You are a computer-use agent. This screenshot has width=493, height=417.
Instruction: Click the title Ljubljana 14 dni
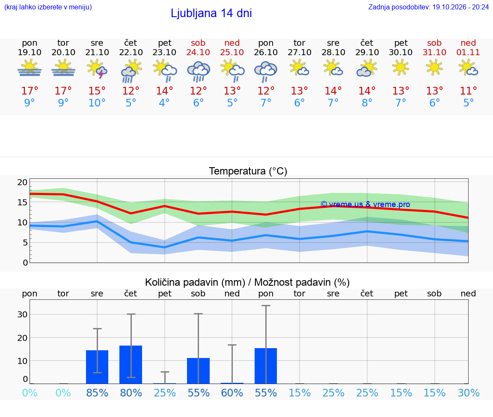(x=211, y=13)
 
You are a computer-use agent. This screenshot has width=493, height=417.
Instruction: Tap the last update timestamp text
(x=428, y=7)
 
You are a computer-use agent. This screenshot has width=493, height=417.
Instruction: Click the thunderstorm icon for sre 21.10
(x=97, y=69)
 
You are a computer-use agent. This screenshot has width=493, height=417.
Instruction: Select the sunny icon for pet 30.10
(x=401, y=68)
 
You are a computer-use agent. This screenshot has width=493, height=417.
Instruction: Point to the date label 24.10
(x=198, y=52)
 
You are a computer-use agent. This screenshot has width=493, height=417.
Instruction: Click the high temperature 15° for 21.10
(x=97, y=91)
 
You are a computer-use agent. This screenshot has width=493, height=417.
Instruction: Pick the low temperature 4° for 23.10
(x=164, y=103)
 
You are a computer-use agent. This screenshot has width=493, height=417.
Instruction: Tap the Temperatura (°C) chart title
(x=248, y=171)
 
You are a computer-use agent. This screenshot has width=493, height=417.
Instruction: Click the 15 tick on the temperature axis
(x=23, y=202)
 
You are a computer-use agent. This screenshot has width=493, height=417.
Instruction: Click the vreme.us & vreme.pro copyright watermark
(x=365, y=204)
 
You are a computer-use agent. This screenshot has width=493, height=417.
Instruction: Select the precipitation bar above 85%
(x=97, y=367)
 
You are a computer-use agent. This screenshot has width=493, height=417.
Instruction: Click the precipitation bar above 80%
(x=131, y=364)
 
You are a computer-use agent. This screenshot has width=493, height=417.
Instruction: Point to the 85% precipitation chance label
(x=97, y=393)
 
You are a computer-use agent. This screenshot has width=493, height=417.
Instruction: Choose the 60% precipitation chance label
(x=232, y=393)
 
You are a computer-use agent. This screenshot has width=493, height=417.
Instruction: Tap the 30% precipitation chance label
(x=469, y=393)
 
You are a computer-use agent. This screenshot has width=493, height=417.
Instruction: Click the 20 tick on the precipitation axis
(x=23, y=338)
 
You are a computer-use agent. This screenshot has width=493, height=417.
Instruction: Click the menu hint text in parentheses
(x=48, y=7)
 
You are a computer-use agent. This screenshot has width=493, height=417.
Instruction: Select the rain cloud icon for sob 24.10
(x=199, y=71)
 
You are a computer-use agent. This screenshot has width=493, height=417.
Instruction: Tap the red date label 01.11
(x=468, y=52)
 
